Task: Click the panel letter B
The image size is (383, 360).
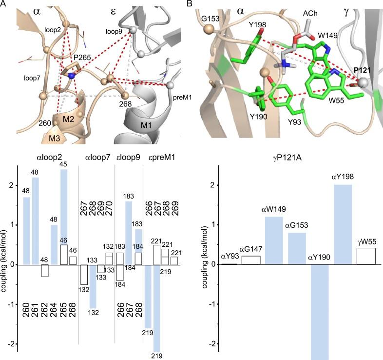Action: point(196,4)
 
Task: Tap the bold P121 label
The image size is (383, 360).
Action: point(363,71)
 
